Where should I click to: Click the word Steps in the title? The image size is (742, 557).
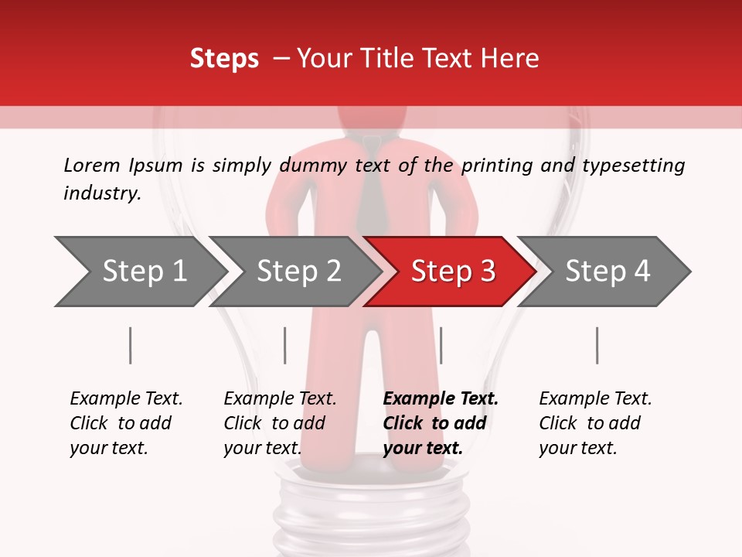pyautogui.click(x=224, y=59)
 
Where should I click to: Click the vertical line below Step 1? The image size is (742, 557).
pyautogui.click(x=131, y=345)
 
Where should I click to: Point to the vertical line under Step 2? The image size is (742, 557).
pyautogui.click(x=285, y=345)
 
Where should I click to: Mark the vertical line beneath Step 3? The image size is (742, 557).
pyautogui.click(x=441, y=345)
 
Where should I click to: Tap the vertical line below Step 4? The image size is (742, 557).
pyautogui.click(x=597, y=345)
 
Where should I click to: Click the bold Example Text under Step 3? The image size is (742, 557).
pyautogui.click(x=441, y=423)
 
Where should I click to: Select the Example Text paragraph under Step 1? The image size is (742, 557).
pyautogui.click(x=126, y=423)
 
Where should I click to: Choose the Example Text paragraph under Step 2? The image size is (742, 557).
pyautogui.click(x=280, y=423)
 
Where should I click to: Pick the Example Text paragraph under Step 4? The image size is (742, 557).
pyautogui.click(x=595, y=423)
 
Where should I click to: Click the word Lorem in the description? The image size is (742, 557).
pyautogui.click(x=92, y=166)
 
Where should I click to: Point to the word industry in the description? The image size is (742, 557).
pyautogui.click(x=102, y=193)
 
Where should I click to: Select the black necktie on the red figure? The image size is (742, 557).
pyautogui.click(x=371, y=186)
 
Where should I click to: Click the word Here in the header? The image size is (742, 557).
pyautogui.click(x=510, y=59)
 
